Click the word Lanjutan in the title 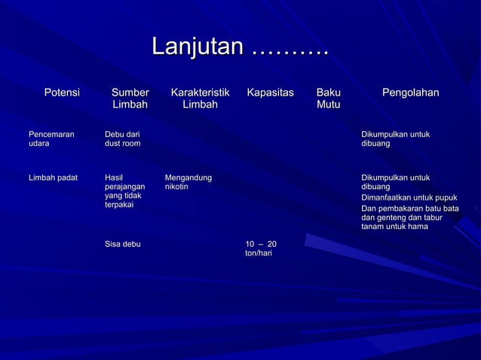pyautogui.click(x=198, y=47)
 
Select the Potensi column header pyautogui.click(x=62, y=93)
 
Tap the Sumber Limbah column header pyautogui.click(x=130, y=99)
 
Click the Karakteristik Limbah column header pyautogui.click(x=200, y=99)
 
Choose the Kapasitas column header pyautogui.click(x=270, y=93)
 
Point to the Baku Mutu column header pyautogui.click(x=328, y=99)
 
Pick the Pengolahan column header pyautogui.click(x=410, y=93)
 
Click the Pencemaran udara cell pyautogui.click(x=51, y=139)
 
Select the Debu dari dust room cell pyautogui.click(x=122, y=139)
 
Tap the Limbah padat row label pyautogui.click(x=53, y=178)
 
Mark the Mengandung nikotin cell pyautogui.click(x=188, y=182)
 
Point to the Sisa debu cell pyautogui.click(x=122, y=244)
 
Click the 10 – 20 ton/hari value pyautogui.click(x=261, y=249)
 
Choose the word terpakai pyautogui.click(x=119, y=205)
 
